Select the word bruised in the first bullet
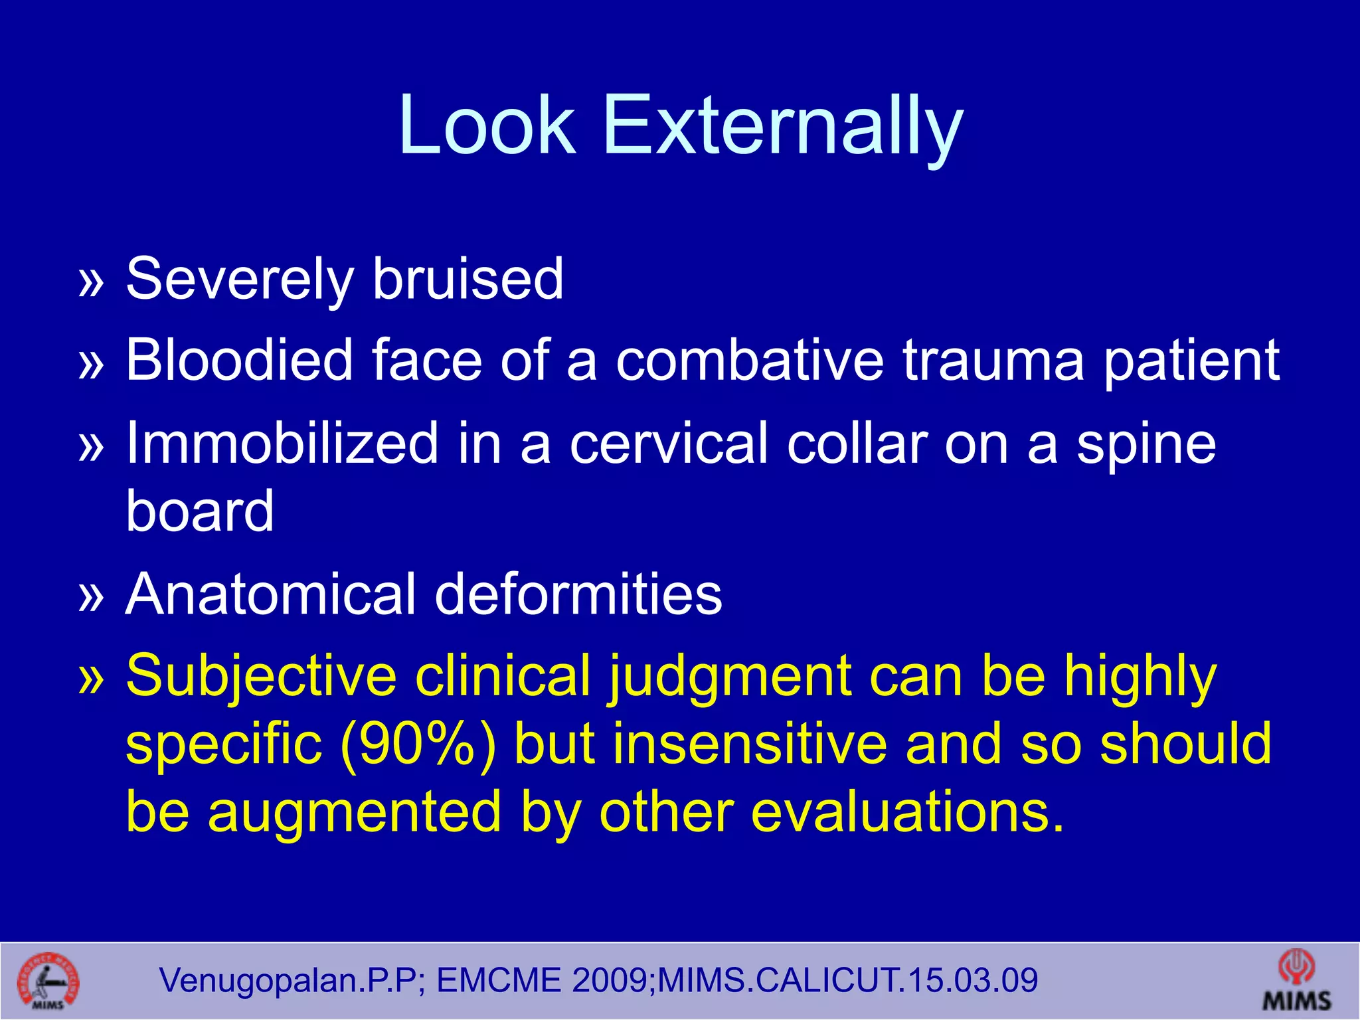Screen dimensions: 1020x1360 point(467,279)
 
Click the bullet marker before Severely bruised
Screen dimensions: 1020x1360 point(92,282)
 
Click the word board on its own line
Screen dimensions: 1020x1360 point(200,511)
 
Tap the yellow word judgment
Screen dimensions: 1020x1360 point(730,677)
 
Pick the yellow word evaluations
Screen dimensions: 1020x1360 point(907,813)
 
